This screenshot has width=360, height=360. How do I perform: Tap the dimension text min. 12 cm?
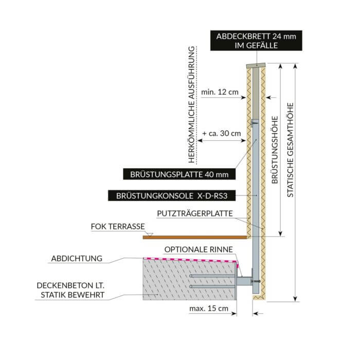(x=220, y=93)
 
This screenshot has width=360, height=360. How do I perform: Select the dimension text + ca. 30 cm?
(x=222, y=133)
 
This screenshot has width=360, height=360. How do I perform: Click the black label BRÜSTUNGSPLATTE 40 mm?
(x=179, y=174)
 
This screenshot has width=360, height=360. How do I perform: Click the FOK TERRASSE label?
(x=117, y=226)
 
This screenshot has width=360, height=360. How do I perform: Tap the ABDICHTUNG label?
(x=76, y=258)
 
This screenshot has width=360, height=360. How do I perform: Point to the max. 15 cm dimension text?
(x=208, y=309)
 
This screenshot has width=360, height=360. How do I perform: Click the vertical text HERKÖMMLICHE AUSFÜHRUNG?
(x=192, y=106)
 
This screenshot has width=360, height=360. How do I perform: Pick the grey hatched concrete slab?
(x=185, y=280)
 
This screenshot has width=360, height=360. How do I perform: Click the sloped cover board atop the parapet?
(x=256, y=65)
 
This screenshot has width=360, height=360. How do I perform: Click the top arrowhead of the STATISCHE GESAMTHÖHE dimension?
(x=295, y=66)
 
